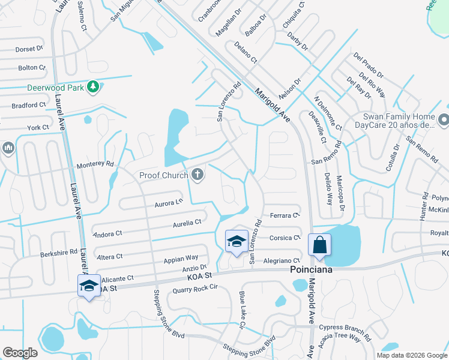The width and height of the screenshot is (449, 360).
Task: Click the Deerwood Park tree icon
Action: click(x=92, y=88)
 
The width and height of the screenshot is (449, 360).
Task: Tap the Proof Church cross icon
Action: click(x=196, y=175)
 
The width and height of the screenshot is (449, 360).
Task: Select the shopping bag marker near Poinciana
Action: click(x=319, y=245)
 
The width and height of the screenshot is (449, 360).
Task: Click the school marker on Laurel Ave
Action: click(x=89, y=285)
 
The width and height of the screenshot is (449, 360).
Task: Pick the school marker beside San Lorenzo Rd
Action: click(x=237, y=241)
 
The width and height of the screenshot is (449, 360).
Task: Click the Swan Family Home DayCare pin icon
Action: click(x=444, y=121)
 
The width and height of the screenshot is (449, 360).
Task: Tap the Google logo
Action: click(x=20, y=353)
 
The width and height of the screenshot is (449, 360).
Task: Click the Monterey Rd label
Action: click(x=95, y=164)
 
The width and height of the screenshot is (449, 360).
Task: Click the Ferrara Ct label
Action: click(x=285, y=215)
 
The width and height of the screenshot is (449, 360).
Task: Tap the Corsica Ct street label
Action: click(x=285, y=238)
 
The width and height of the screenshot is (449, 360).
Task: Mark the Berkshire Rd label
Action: click(x=59, y=253)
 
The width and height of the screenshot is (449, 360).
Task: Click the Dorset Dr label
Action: click(x=29, y=49)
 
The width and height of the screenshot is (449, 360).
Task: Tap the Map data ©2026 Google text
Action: click(x=411, y=355)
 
